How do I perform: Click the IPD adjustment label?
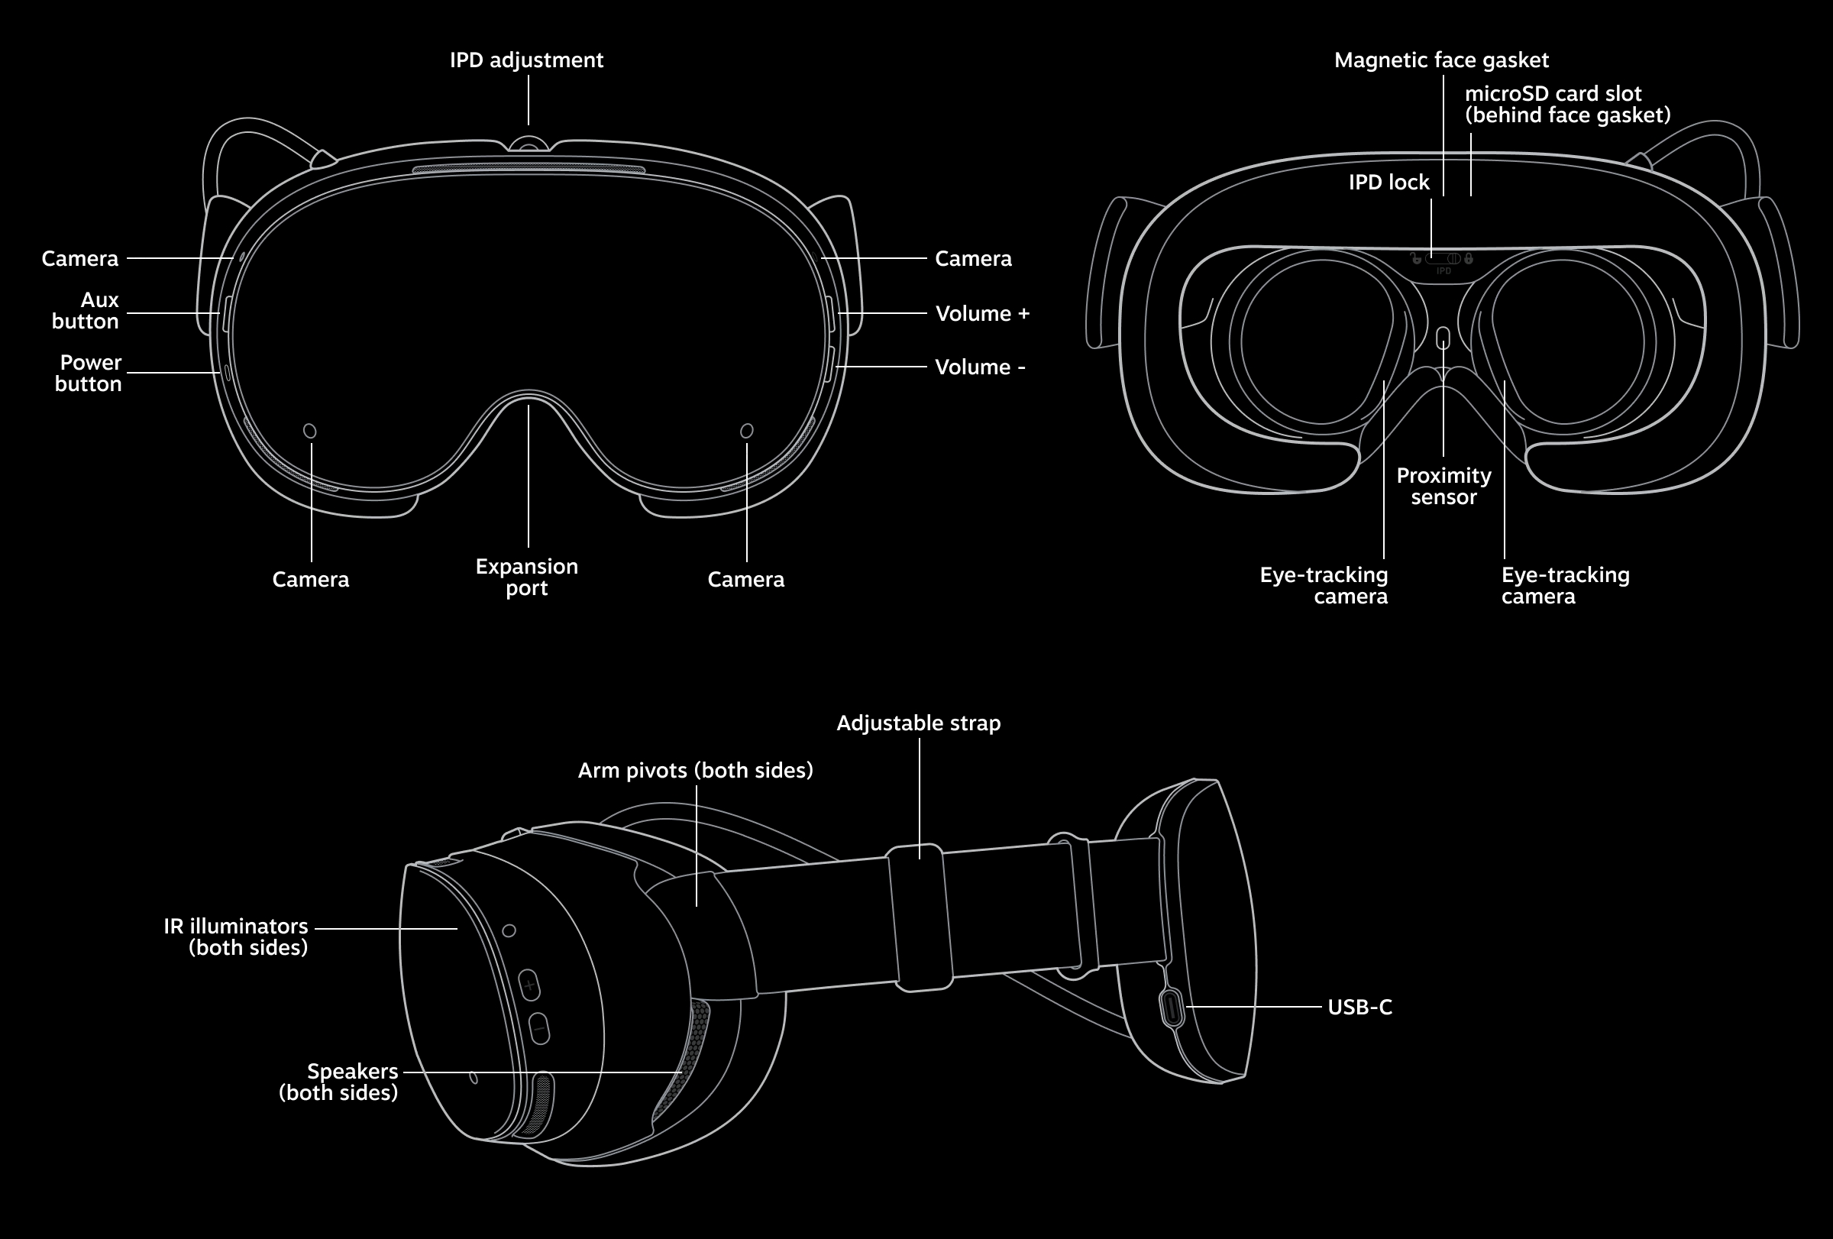526,60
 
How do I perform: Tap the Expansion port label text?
527,577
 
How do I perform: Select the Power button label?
89,373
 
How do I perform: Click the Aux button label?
86,311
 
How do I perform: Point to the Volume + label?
982,314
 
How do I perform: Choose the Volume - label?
980,367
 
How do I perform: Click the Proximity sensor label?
1443,487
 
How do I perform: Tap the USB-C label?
1359,1007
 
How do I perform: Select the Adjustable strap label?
918,723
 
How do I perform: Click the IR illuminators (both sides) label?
236,937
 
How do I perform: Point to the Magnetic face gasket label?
1441,60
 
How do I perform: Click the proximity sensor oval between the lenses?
1443,338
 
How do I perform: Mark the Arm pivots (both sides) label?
695,771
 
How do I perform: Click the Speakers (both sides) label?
339,1082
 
